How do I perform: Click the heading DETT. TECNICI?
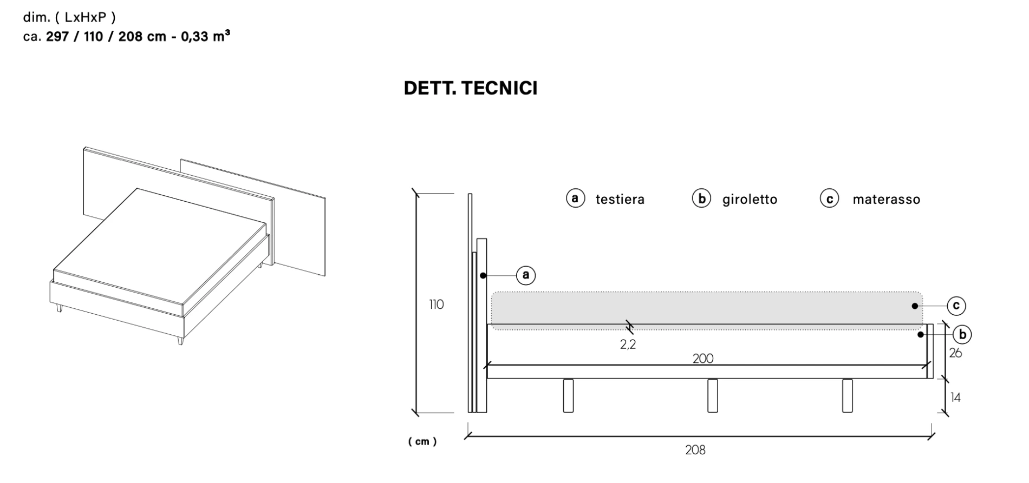(470, 88)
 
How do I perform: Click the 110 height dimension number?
(436, 305)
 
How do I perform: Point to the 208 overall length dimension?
(695, 450)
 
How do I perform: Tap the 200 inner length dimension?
(702, 358)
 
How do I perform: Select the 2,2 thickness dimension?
(628, 344)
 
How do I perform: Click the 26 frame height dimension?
(955, 353)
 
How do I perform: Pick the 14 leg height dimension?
(955, 398)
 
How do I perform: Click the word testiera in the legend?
(620, 200)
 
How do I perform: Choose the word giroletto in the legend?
(750, 200)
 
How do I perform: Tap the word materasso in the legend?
(886, 200)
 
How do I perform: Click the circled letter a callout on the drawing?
(525, 275)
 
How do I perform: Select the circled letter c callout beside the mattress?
(956, 306)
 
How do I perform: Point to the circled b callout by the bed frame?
(962, 335)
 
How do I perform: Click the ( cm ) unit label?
(422, 441)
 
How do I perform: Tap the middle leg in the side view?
(712, 395)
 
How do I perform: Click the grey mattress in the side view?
(704, 309)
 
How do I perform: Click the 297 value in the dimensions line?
(57, 37)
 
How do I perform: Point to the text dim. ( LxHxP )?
(69, 17)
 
